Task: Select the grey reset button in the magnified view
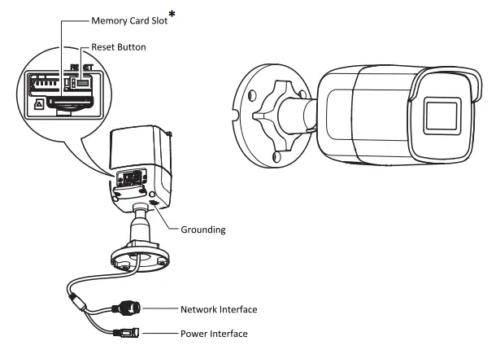click(85, 82)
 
